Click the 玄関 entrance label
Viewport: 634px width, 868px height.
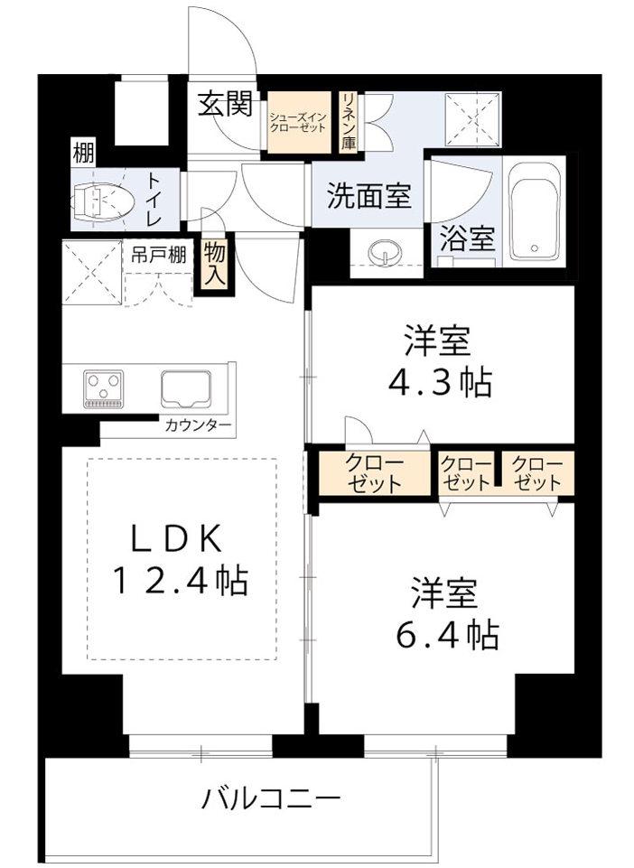pos(226,104)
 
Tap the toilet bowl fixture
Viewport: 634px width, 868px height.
pos(103,199)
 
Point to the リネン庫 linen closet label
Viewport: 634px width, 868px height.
pos(349,121)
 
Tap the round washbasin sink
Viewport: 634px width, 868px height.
pos(385,253)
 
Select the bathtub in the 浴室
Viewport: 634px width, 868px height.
pos(535,211)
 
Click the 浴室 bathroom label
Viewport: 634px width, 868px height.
pos(467,239)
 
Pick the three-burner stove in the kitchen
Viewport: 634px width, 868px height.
pos(103,389)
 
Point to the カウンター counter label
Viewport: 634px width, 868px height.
pos(198,425)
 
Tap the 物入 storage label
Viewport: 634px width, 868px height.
pos(214,266)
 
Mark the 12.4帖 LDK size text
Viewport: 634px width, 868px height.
pos(180,580)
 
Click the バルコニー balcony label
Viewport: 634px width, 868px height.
pos(270,799)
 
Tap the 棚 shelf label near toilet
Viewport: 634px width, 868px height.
pos(84,154)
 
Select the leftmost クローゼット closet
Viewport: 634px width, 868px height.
pos(375,473)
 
